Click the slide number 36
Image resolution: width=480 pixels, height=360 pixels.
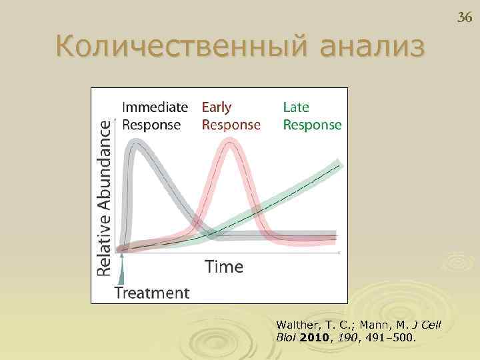464,17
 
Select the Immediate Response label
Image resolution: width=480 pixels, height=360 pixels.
155,116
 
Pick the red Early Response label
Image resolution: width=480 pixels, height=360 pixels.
231,116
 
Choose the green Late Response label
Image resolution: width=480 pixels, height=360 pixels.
312,116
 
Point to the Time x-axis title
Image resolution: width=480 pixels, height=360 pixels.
223,267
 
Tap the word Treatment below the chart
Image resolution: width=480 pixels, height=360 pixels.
152,293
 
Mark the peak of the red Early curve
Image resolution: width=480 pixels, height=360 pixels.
231,141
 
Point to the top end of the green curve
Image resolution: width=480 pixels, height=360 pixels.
340,164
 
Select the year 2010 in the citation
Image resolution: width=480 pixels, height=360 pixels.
314,337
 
